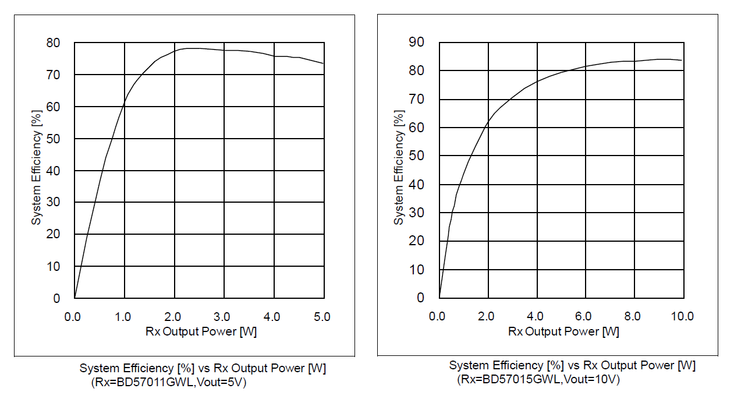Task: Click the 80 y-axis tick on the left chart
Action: [53, 43]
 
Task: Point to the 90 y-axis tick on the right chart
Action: [417, 42]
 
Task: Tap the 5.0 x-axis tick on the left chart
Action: [321, 317]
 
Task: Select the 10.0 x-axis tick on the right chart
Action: [682, 316]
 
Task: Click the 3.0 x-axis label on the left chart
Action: [222, 317]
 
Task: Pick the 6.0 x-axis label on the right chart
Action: [584, 316]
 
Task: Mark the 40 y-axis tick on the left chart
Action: [53, 170]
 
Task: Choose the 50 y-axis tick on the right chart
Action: [417, 156]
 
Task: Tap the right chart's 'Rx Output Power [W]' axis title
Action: [563, 331]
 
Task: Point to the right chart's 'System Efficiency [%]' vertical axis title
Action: [399, 169]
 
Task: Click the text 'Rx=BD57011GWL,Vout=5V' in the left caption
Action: [169, 383]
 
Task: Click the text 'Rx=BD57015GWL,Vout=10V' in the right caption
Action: [538, 380]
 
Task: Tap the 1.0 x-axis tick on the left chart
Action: [123, 317]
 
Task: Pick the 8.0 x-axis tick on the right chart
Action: [633, 316]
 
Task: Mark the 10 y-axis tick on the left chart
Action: [53, 266]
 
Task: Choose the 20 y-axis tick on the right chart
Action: [417, 241]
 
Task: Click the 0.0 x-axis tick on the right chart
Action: [437, 316]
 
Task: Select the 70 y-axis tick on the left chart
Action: [53, 75]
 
